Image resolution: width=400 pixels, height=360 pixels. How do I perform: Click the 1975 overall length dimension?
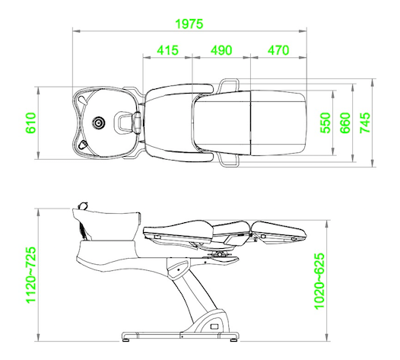189,24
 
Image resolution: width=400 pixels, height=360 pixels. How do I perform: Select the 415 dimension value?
167,50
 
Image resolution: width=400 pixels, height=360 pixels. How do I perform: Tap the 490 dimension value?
221,50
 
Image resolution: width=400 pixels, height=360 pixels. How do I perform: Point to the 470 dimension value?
278,50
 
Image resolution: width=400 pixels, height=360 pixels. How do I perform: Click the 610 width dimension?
31,123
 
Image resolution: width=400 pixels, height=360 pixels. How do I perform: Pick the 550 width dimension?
325,123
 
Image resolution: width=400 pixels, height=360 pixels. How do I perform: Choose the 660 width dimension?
345,123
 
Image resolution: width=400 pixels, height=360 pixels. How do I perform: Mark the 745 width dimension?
365,123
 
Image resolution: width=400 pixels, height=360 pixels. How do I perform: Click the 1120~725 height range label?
31,275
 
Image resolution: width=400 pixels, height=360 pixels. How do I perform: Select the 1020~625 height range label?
319,281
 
